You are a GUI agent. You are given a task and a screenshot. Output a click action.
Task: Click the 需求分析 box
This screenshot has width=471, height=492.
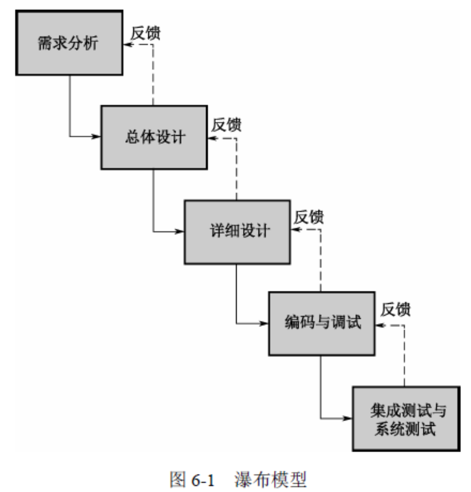coord(69,43)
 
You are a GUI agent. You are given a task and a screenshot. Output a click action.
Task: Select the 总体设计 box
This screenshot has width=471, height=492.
coord(154,137)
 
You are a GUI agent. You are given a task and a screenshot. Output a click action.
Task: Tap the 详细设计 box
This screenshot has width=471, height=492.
coord(237,232)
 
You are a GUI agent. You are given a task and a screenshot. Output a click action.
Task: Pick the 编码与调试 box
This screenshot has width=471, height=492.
coord(322,323)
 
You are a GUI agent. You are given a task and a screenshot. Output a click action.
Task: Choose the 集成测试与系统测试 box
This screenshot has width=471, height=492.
coord(406,418)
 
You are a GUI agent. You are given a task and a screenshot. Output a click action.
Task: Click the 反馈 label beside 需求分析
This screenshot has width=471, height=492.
coord(146,33)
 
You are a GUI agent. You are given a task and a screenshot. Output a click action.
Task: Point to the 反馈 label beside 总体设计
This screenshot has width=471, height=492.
coord(226,125)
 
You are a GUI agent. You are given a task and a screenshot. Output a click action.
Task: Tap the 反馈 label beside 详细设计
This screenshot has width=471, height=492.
coord(309,217)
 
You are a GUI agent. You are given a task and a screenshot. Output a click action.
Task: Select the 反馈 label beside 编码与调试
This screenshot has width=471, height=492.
coord(395,310)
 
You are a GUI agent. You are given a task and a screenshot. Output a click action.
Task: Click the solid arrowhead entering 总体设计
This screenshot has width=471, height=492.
coord(97,137)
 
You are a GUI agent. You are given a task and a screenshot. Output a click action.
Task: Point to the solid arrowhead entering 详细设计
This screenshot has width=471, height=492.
coord(180,231)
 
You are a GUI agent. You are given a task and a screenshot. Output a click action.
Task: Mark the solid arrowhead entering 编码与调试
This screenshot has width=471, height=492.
coord(264,324)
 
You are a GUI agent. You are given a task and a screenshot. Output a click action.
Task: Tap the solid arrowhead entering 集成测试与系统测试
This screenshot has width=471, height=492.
coord(348,418)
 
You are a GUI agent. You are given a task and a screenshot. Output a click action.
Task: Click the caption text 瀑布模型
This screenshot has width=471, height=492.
coord(271,480)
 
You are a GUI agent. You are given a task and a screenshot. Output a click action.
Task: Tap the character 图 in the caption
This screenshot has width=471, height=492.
coord(178,480)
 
